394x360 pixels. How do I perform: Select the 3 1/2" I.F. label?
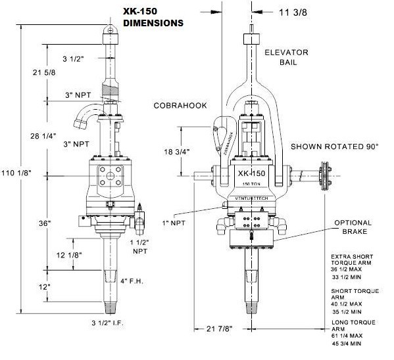point(107,323)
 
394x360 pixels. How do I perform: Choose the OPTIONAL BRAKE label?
point(353,227)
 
